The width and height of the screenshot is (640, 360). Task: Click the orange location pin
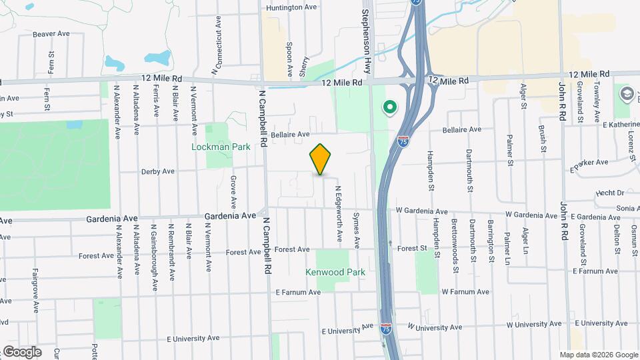click(321, 159)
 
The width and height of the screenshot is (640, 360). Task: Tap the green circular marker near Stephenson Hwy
click(389, 107)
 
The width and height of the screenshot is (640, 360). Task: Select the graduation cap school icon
click(626, 94)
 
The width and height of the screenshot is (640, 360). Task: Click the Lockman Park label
click(221, 147)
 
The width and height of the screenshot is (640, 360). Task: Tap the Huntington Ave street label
click(291, 8)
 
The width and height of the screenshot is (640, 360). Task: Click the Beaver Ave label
click(51, 33)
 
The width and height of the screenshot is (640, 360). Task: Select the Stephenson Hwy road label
click(366, 37)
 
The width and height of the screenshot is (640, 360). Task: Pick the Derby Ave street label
click(157, 171)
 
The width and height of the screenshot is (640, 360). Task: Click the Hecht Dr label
click(611, 193)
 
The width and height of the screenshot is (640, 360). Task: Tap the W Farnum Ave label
click(465, 292)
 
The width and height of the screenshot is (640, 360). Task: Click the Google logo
click(21, 351)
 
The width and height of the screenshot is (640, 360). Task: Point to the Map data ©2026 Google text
click(598, 355)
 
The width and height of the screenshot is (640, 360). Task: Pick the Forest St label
click(412, 249)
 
